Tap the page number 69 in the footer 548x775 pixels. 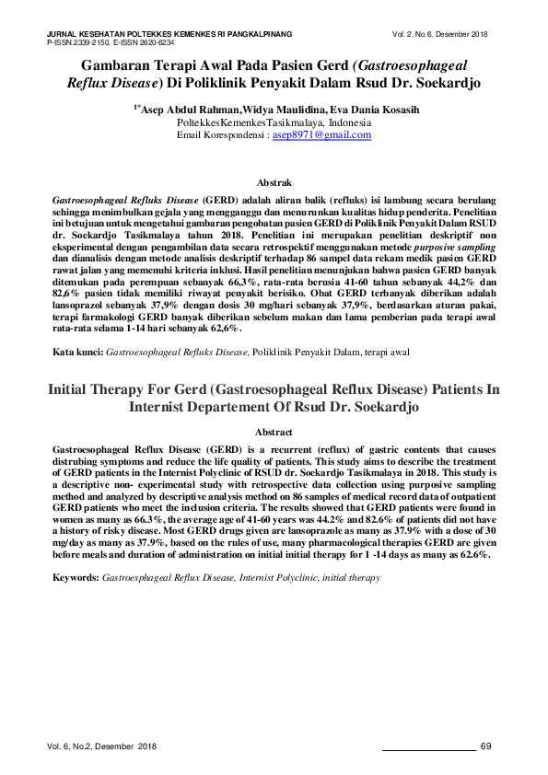pyautogui.click(x=488, y=745)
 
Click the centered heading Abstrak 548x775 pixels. pyautogui.click(x=274, y=184)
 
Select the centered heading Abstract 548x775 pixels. pyautogui.click(x=274, y=432)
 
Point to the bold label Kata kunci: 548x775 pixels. pyautogui.click(x=78, y=352)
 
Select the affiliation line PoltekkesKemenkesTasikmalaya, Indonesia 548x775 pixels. pyautogui.click(x=274, y=122)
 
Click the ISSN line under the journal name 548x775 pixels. pyautogui.click(x=110, y=42)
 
